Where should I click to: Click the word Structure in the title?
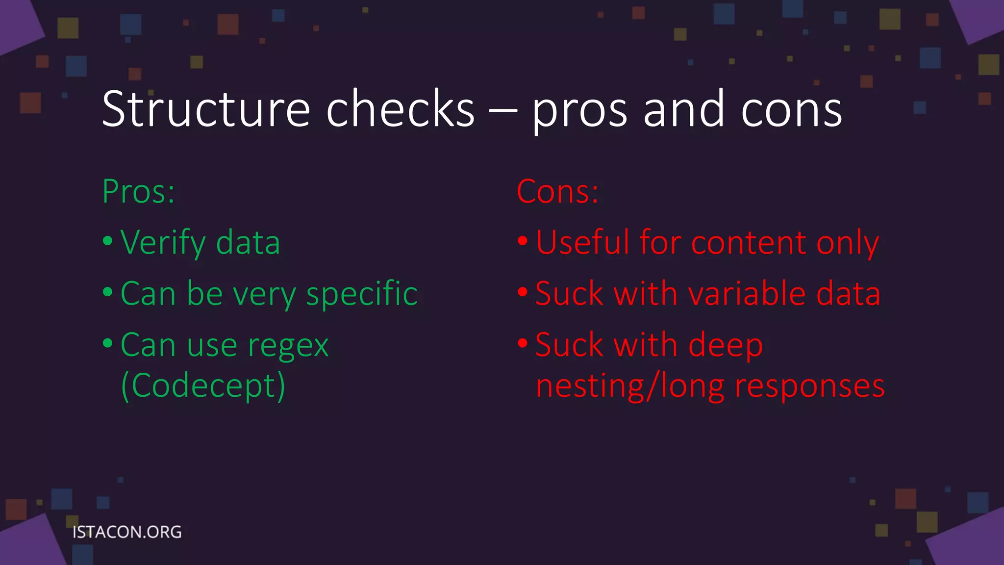click(x=206, y=109)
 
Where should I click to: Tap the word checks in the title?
click(x=400, y=109)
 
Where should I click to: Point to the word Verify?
click(x=163, y=243)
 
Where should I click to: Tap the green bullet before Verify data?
click(x=108, y=241)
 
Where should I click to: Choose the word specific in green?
click(x=361, y=294)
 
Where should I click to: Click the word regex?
click(x=288, y=346)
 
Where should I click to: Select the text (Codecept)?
click(x=203, y=386)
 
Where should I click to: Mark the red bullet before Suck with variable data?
click(x=523, y=292)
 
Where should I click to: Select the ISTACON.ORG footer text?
click(x=127, y=532)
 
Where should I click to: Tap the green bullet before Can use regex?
click(x=108, y=343)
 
